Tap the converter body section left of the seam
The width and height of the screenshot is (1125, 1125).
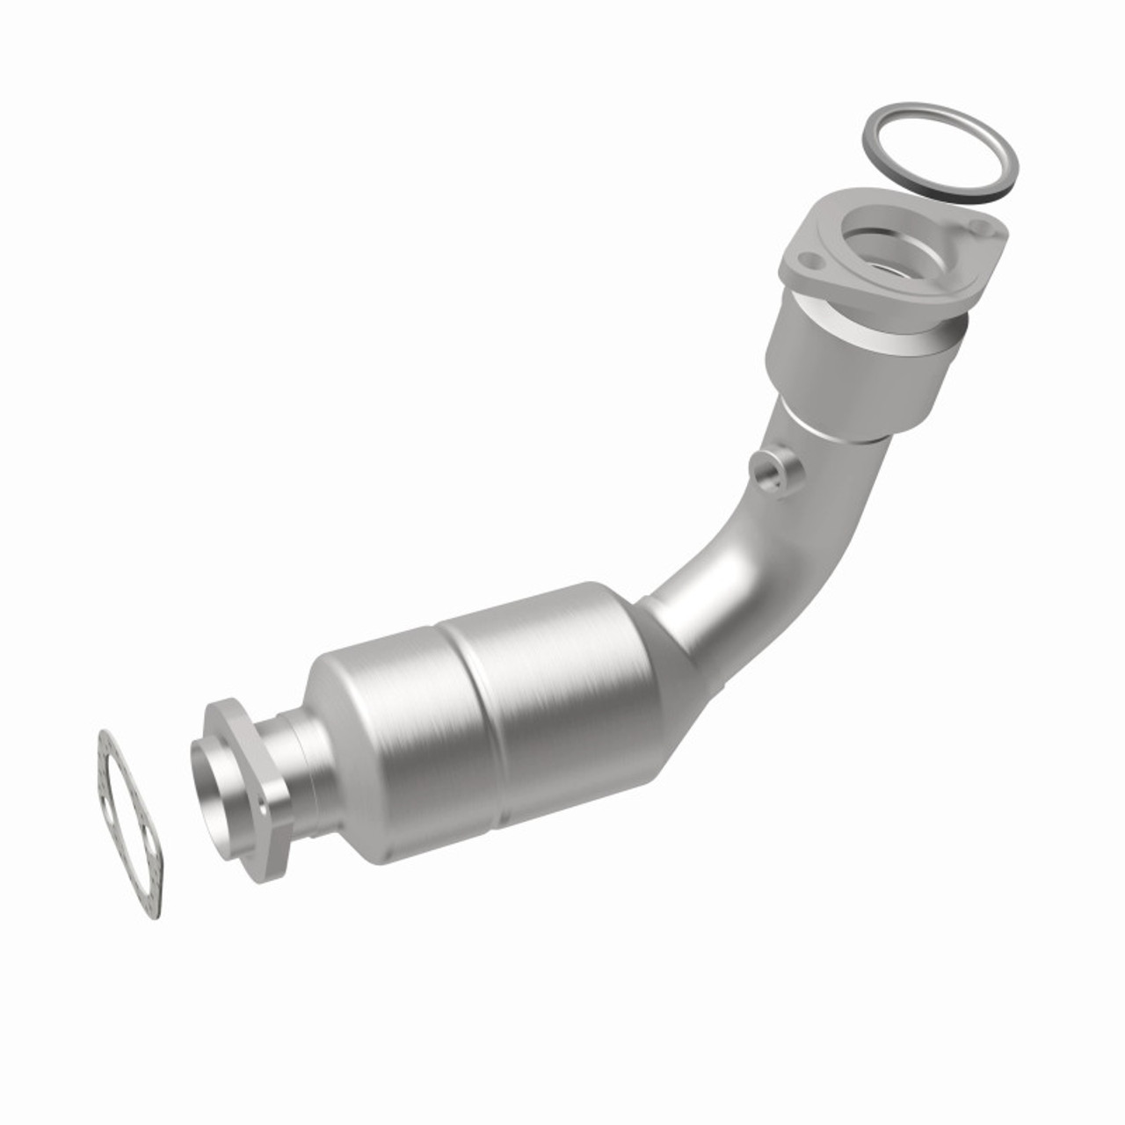click(387, 747)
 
